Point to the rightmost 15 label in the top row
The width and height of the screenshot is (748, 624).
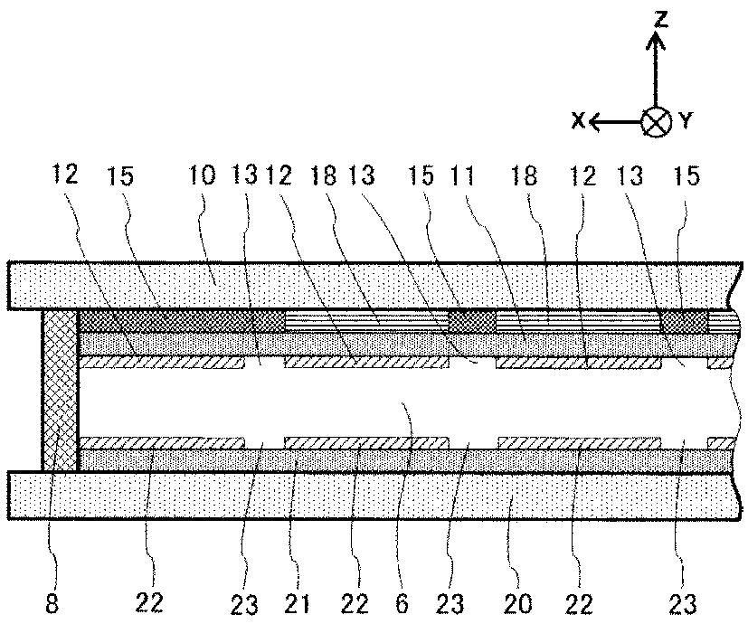point(687,175)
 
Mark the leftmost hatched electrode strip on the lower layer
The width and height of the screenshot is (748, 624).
point(163,442)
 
